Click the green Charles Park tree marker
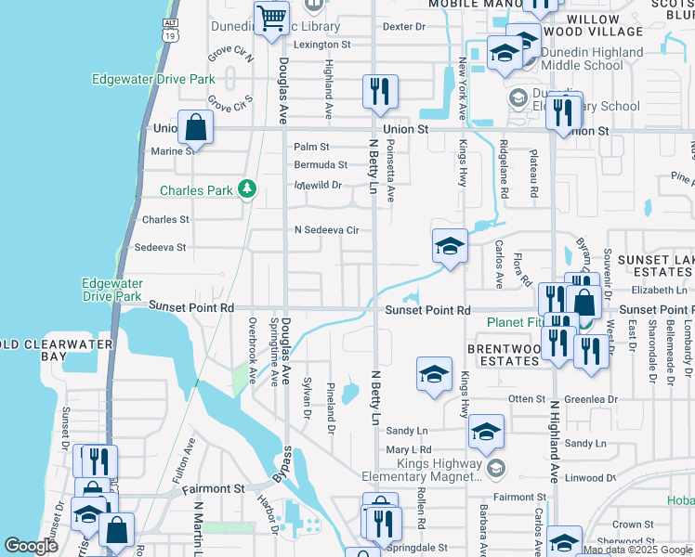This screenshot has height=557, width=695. tap(246, 190)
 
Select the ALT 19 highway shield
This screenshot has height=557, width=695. tap(169, 29)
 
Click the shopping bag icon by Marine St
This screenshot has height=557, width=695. tap(196, 128)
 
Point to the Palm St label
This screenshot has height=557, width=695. tap(311, 147)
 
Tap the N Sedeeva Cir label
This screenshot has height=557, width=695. tap(326, 229)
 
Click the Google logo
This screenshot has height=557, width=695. tap(32, 545)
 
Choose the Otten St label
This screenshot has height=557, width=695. tap(525, 399)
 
